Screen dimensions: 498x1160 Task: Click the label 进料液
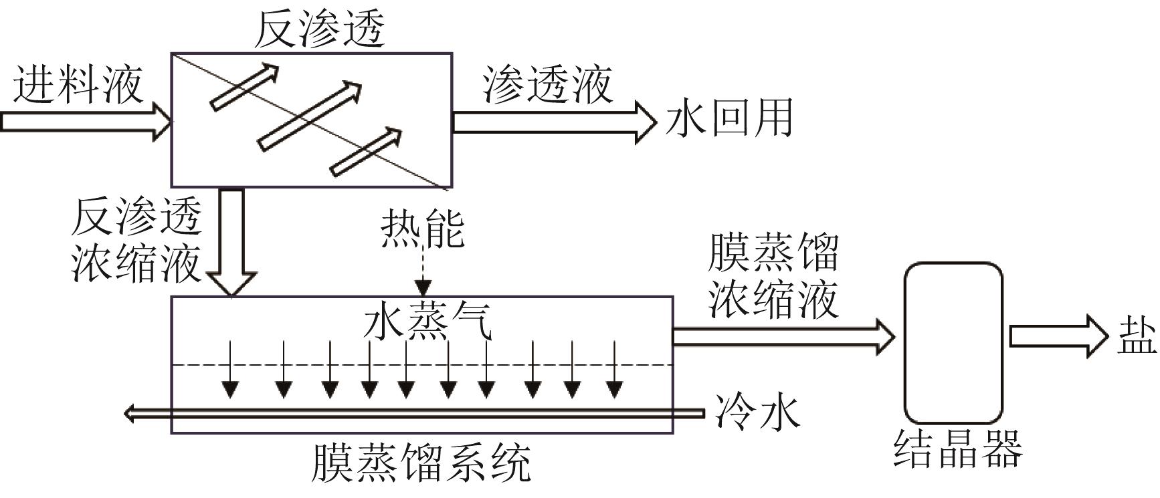click(x=78, y=85)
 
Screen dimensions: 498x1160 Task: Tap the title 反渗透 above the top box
click(x=319, y=29)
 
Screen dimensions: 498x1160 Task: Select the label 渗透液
click(x=547, y=85)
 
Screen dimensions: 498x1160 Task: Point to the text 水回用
click(x=729, y=118)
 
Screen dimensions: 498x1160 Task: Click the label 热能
click(x=422, y=229)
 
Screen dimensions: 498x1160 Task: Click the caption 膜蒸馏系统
click(x=421, y=462)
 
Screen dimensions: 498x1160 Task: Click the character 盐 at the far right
click(x=1137, y=336)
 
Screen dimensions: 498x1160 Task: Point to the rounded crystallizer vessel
click(x=953, y=342)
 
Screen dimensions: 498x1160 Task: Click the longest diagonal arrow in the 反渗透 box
click(x=310, y=116)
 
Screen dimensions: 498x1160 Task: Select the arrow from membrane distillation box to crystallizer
click(x=783, y=336)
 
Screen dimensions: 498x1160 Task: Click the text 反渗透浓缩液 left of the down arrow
click(x=136, y=239)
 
